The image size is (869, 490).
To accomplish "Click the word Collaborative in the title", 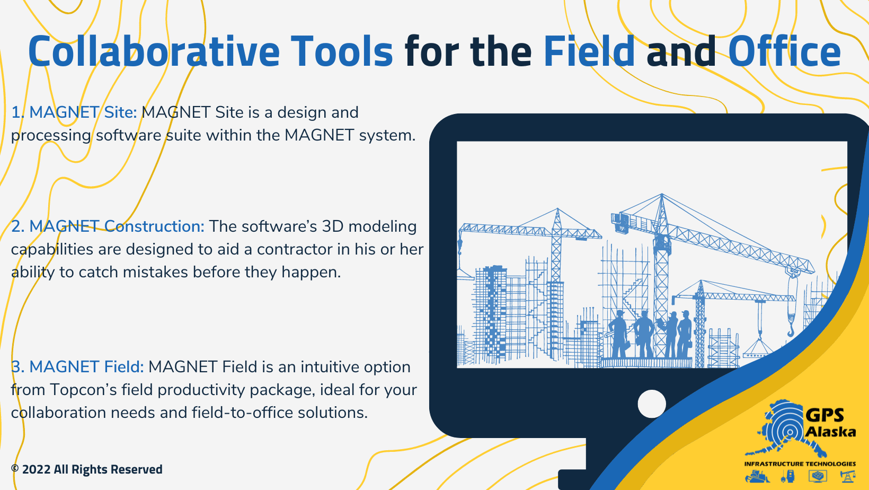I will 154,52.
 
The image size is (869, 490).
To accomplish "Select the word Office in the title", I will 784,52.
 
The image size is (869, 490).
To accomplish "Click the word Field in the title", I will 589,52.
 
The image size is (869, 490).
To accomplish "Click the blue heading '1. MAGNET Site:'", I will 74,112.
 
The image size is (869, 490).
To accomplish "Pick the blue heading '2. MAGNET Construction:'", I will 108,226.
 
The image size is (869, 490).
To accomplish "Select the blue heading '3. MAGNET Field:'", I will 77,367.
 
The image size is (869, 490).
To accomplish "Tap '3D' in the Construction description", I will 333,226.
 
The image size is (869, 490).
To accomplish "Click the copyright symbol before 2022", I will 15,469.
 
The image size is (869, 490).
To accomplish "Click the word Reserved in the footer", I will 137,470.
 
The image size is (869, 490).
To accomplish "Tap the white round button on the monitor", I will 652,404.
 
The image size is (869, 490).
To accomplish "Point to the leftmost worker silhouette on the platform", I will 618,334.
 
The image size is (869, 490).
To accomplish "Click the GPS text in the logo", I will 824,415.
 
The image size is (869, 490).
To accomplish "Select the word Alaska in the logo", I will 830,432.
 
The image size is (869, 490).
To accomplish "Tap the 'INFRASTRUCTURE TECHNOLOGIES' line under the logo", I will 800,463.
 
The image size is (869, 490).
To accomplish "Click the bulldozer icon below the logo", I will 757,476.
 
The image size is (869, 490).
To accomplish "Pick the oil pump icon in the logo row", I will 848,476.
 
